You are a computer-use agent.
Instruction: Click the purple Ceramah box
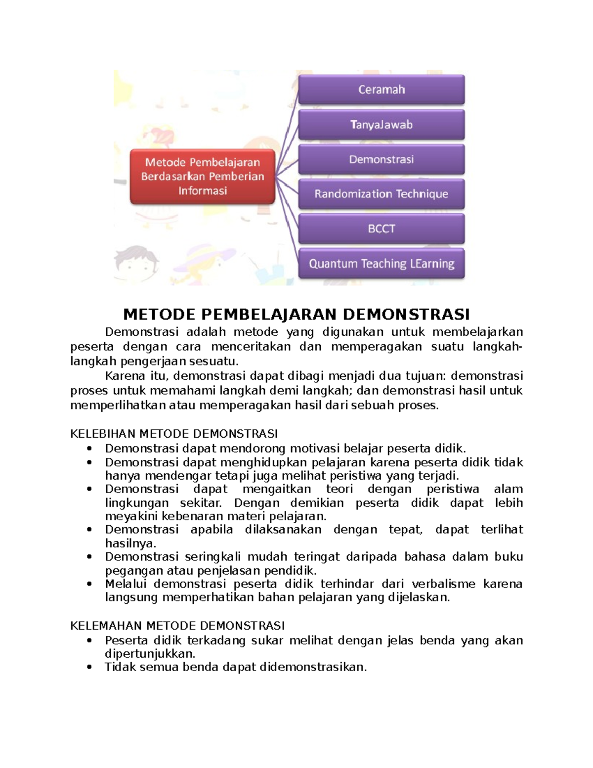[381, 90]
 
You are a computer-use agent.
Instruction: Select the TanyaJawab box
[381, 125]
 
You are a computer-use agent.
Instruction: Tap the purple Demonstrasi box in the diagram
[381, 159]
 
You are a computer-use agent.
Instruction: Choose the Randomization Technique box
[381, 194]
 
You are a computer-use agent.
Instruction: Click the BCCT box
[381, 228]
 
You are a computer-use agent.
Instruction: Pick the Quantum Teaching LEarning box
[381, 264]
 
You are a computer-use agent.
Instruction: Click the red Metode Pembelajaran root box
[202, 177]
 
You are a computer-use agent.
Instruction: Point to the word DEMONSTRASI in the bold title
[406, 314]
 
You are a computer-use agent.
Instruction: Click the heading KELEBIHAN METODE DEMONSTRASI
[174, 434]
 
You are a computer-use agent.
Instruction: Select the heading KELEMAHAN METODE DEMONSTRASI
[177, 626]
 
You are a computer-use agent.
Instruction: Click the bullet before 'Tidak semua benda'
[89, 667]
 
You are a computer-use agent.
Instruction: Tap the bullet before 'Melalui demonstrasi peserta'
[89, 584]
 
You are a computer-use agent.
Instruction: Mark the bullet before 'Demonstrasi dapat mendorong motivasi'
[89, 449]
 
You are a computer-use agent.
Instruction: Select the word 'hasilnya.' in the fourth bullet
[130, 543]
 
